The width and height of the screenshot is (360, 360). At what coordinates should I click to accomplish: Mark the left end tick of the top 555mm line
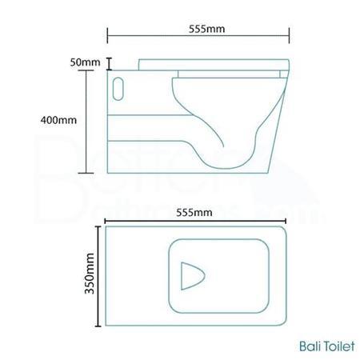(108, 35)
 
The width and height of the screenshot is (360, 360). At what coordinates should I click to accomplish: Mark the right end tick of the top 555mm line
(289, 35)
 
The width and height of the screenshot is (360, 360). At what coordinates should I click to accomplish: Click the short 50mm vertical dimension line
(109, 62)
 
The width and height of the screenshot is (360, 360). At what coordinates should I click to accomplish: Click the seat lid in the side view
(212, 62)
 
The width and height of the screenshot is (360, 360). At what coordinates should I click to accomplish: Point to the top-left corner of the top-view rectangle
(107, 227)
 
